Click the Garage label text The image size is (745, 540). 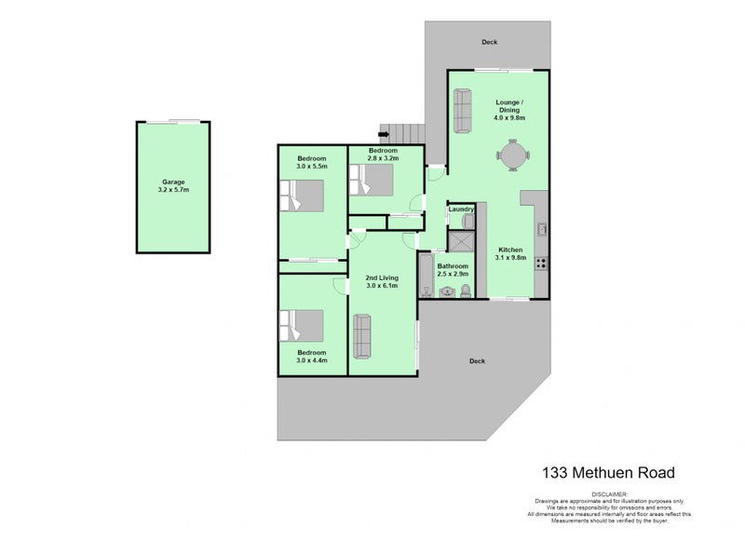(x=173, y=182)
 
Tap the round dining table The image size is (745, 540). (x=511, y=155)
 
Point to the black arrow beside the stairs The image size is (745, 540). (x=384, y=136)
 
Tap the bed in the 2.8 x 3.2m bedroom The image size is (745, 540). (x=372, y=179)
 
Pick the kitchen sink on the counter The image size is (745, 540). (x=541, y=228)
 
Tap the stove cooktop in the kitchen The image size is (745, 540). (x=542, y=262)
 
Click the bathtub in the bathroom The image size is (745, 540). (x=426, y=275)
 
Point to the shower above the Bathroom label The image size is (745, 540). (x=460, y=242)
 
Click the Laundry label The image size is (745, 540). (x=462, y=209)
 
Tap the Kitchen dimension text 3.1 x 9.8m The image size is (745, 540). (x=512, y=259)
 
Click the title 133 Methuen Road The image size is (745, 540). (x=608, y=473)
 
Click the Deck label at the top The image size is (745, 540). (x=489, y=42)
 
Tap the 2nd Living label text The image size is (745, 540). (x=382, y=277)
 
